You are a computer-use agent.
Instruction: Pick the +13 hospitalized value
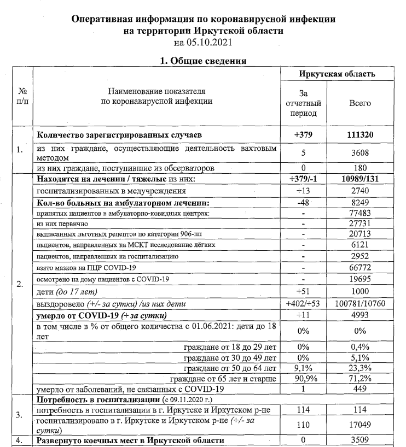(303, 191)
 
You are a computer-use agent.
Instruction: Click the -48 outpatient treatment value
(303, 203)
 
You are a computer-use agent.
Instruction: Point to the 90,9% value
(303, 378)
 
